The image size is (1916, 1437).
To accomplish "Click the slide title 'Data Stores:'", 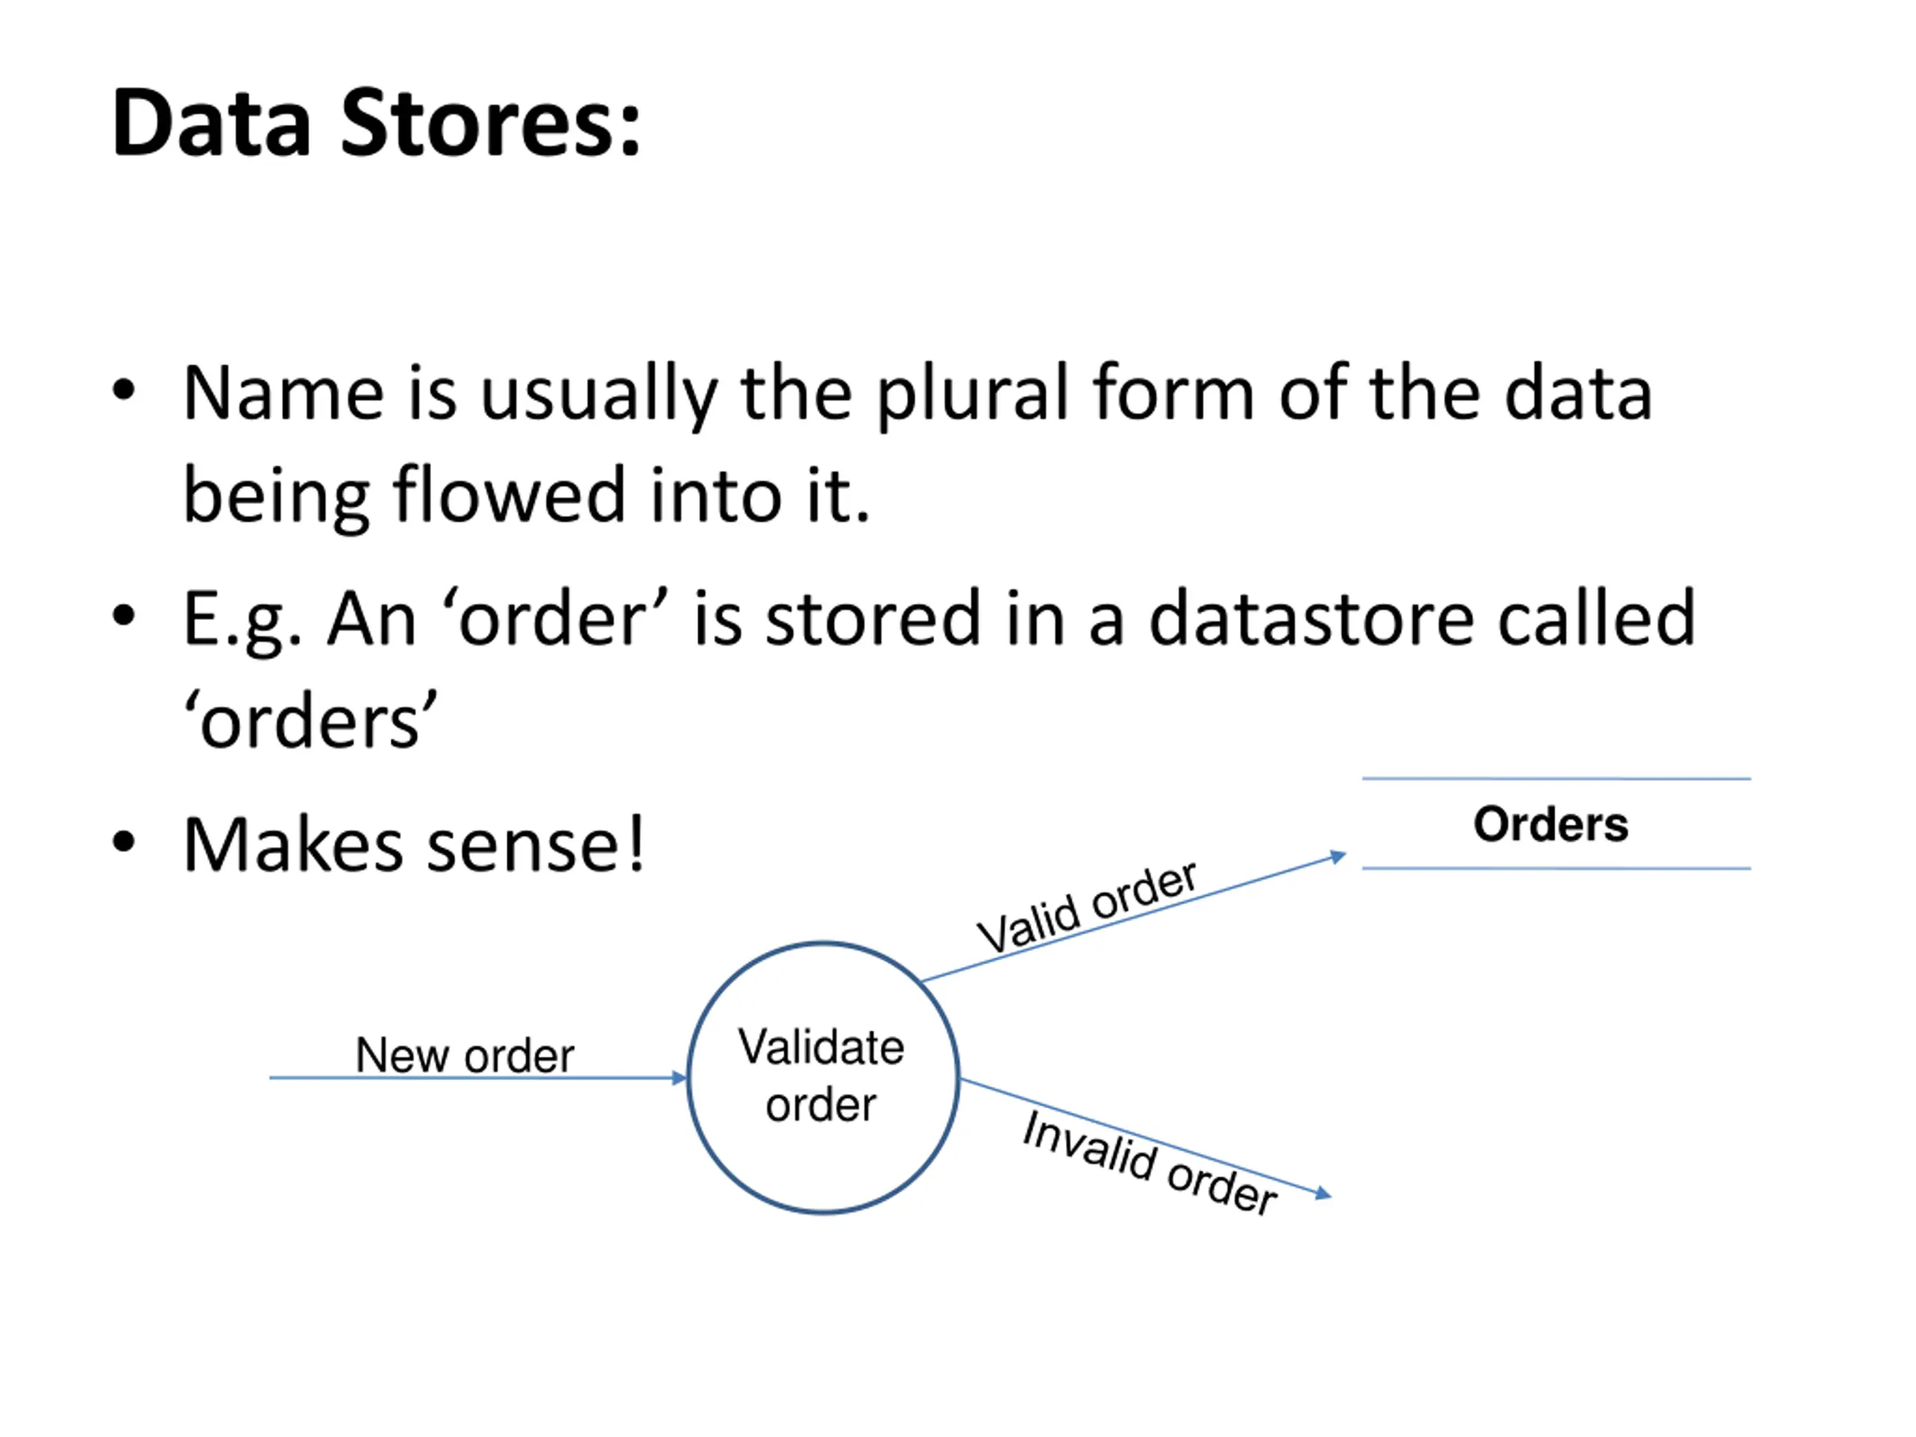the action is pyautogui.click(x=376, y=123).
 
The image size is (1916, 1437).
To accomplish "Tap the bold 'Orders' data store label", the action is pyautogui.click(x=1551, y=824).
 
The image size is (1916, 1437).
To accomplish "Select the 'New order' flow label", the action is pyautogui.click(x=465, y=1055).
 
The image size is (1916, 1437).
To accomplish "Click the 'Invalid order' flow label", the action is pyautogui.click(x=1150, y=1163).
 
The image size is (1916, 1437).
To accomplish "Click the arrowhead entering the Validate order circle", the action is pyautogui.click(x=679, y=1078).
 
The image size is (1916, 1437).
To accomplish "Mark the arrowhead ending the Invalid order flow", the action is pyautogui.click(x=1322, y=1194).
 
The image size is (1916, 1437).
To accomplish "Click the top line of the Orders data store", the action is pyautogui.click(x=1557, y=778).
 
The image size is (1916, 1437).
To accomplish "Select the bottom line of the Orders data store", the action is pyautogui.click(x=1557, y=868).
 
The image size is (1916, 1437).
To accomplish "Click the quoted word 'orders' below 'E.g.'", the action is pyautogui.click(x=310, y=720).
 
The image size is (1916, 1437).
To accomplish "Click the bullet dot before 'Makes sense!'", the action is pyautogui.click(x=123, y=841).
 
